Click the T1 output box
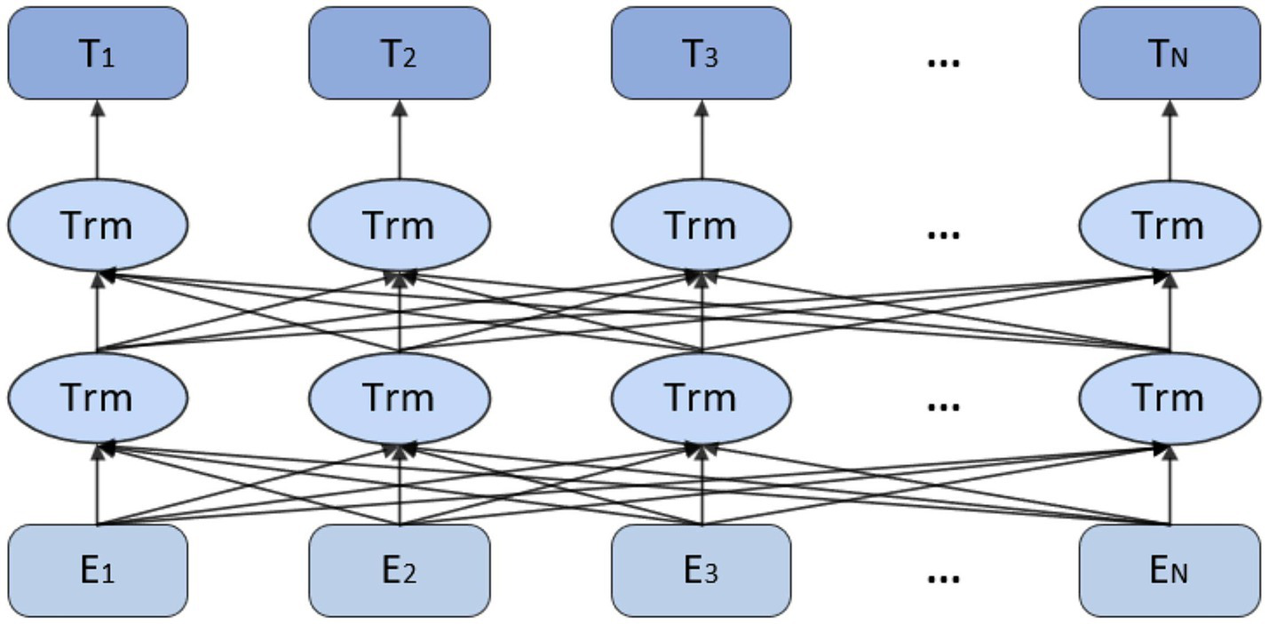pos(98,53)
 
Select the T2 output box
pos(400,53)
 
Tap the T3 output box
pos(701,53)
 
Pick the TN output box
pos(1170,53)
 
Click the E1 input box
pos(98,571)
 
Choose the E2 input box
pos(400,571)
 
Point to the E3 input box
pos(701,571)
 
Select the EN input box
pos(1170,571)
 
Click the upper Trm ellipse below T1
pos(98,225)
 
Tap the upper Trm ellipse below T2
pos(400,225)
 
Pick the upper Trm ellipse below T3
pos(701,225)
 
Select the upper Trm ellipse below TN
pos(1170,225)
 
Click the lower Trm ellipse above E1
pos(98,397)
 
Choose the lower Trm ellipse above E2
pos(400,397)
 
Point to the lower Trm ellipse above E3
pos(701,397)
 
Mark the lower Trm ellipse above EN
pos(1170,397)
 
